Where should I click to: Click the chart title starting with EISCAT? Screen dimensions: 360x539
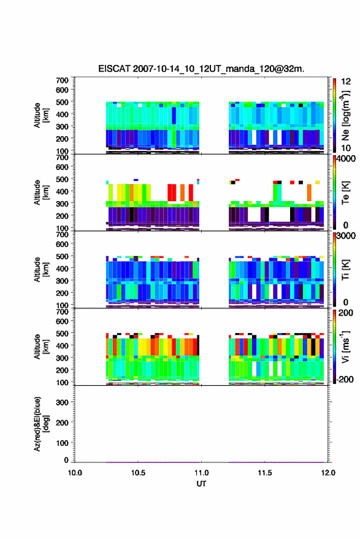point(201,69)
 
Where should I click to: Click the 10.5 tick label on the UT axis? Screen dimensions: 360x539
point(138,473)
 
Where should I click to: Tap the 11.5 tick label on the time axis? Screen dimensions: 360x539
point(265,473)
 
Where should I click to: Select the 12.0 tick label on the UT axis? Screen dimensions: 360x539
point(328,473)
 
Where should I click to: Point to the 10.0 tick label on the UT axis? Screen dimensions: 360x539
point(75,473)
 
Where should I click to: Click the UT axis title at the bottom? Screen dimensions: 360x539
point(201,484)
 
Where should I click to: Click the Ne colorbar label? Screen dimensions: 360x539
point(345,116)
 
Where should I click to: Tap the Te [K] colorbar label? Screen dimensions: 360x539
point(345,193)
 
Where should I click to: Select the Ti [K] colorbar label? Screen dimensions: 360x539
point(345,270)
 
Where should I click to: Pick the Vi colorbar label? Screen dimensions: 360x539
point(345,347)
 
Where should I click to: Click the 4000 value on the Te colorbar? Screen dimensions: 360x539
point(347,159)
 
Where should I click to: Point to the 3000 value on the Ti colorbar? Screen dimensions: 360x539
point(347,236)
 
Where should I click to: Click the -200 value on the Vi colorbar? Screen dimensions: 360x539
point(345,380)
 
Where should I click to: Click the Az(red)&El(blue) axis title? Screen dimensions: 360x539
point(41,424)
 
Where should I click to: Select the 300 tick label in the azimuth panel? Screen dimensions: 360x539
point(63,402)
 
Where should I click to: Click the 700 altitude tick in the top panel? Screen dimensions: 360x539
point(62,80)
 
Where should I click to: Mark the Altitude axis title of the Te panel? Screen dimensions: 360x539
point(41,193)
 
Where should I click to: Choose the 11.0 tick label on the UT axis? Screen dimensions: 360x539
point(202,473)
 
